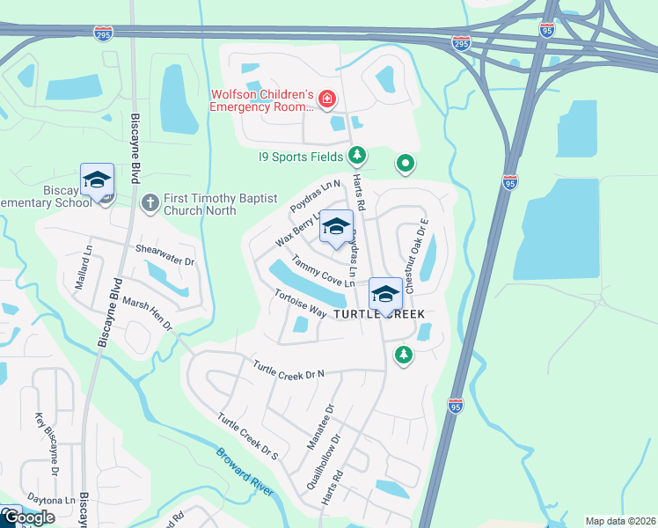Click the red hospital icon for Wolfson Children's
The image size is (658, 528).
pyautogui.click(x=326, y=99)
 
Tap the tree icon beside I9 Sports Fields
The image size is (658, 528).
pyautogui.click(x=356, y=157)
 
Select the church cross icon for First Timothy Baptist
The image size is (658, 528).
pyautogui.click(x=150, y=202)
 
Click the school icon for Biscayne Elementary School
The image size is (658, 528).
pyautogui.click(x=96, y=181)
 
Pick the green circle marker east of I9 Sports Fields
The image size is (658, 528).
pyautogui.click(x=405, y=163)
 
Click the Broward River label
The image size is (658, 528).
pyautogui.click(x=247, y=471)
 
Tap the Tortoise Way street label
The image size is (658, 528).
pyautogui.click(x=300, y=304)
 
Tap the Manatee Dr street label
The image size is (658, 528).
pyautogui.click(x=320, y=428)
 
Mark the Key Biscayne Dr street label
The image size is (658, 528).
pyautogui.click(x=47, y=444)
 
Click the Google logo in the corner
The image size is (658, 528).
pyautogui.click(x=28, y=518)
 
